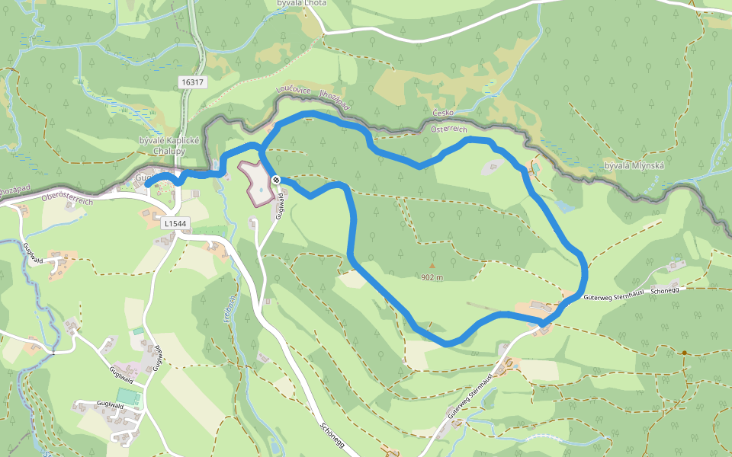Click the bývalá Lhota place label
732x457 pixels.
click(x=301, y=4)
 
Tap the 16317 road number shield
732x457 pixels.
click(x=194, y=81)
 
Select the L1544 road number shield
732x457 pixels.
click(x=175, y=223)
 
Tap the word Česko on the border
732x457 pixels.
click(x=443, y=113)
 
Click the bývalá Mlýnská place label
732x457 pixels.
click(x=634, y=165)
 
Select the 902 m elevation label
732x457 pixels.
click(x=432, y=277)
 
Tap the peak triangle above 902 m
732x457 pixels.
click(x=432, y=266)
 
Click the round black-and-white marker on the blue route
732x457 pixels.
click(x=276, y=180)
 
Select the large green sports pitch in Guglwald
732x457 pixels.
click(x=129, y=397)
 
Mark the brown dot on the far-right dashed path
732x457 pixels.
click(x=685, y=353)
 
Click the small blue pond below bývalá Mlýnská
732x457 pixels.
click(x=563, y=206)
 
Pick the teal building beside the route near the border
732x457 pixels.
click(x=535, y=166)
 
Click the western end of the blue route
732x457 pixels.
click(x=146, y=184)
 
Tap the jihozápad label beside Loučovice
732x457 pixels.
click(x=335, y=100)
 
